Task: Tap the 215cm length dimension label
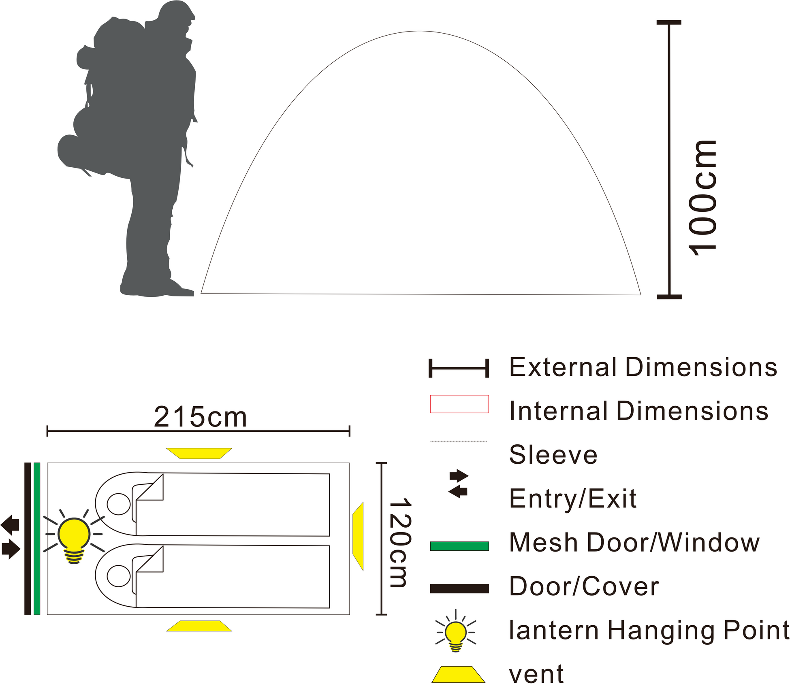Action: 200,417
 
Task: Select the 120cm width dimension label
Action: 400,543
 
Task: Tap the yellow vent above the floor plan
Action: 199,453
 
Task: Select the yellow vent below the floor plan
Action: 199,626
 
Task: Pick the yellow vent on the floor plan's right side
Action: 358,536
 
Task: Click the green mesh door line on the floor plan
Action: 37,539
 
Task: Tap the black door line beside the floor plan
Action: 28,539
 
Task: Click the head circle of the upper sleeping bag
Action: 119,504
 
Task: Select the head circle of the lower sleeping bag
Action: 119,575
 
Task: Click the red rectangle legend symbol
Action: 459,404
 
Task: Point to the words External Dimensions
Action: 643,367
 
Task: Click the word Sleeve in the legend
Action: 553,455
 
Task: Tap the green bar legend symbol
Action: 459,546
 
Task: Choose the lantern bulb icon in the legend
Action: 456,632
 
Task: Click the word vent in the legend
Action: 536,674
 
